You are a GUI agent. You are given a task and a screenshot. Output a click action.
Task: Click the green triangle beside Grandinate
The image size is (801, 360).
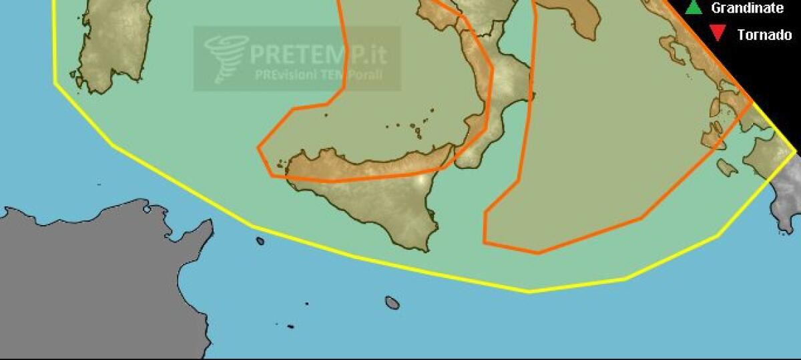point(694,8)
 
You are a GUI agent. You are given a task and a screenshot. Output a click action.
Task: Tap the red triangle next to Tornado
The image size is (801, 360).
point(718,33)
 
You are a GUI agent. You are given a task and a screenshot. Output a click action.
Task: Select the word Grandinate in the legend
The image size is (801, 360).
point(747,8)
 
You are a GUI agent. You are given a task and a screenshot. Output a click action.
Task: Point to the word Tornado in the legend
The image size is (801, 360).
point(764,34)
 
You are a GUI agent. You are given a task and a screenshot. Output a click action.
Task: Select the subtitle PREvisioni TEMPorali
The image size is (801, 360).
point(318,73)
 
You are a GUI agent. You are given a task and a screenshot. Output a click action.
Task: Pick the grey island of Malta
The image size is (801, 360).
point(392,303)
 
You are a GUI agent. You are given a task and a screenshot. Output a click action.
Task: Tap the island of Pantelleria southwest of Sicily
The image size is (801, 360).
point(260,240)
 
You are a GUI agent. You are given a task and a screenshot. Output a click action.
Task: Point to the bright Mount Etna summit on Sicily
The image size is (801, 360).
point(421,180)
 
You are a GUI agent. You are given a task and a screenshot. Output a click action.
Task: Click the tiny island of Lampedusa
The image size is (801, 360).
point(290,327)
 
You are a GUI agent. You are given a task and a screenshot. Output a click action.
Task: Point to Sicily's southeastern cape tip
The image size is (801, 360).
point(425,250)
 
